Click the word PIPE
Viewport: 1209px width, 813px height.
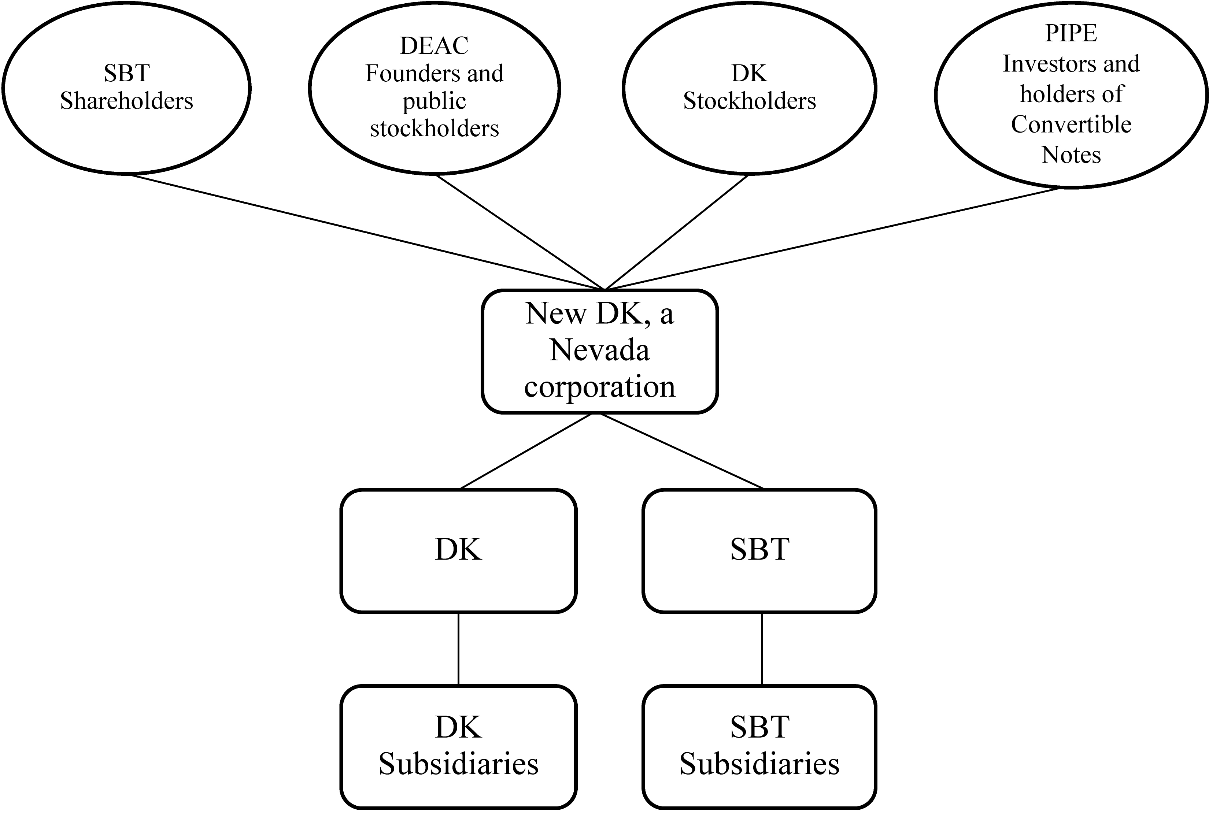point(1071,34)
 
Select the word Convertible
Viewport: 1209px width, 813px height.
point(1071,125)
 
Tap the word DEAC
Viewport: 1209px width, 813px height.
point(435,46)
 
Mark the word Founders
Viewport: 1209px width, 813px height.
point(410,74)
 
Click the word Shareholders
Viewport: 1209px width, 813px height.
point(126,101)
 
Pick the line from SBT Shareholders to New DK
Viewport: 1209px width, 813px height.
point(363,231)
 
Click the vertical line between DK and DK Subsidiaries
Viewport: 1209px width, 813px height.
point(458,649)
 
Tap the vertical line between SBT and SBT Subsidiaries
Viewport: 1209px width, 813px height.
point(761,649)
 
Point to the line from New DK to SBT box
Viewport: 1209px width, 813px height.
point(682,451)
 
